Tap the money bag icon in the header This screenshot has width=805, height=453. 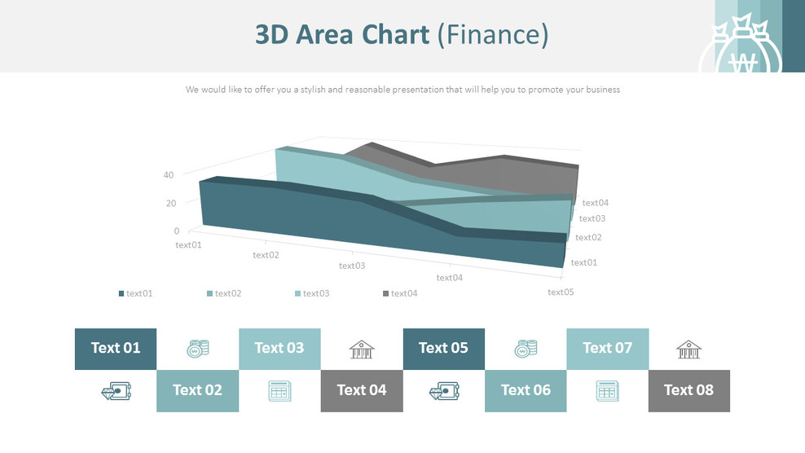point(741,51)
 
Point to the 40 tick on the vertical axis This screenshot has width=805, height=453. point(169,174)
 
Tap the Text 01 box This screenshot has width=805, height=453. point(116,349)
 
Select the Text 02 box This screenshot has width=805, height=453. point(197,390)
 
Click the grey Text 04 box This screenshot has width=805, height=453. point(362,390)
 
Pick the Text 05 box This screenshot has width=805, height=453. point(443,349)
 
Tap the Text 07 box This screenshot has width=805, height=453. point(607,349)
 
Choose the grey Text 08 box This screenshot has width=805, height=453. point(688,390)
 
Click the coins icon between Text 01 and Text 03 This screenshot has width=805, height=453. point(197,349)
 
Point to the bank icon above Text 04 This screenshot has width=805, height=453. point(362,350)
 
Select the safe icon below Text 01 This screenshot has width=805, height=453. point(115,391)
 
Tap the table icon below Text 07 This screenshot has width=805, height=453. point(607,391)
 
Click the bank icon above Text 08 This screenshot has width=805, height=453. point(688,350)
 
